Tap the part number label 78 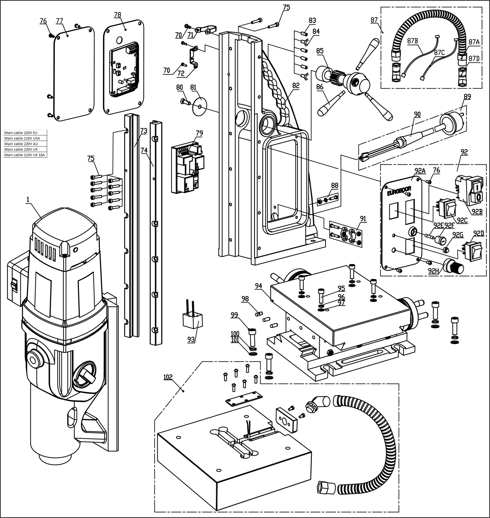(x=118, y=15)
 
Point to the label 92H (x=433, y=271)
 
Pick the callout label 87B (x=412, y=41)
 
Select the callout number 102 (x=168, y=377)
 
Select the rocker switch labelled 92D (x=472, y=251)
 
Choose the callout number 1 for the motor (x=28, y=199)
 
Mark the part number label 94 (x=259, y=286)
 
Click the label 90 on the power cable (x=417, y=114)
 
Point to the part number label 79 (x=199, y=133)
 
